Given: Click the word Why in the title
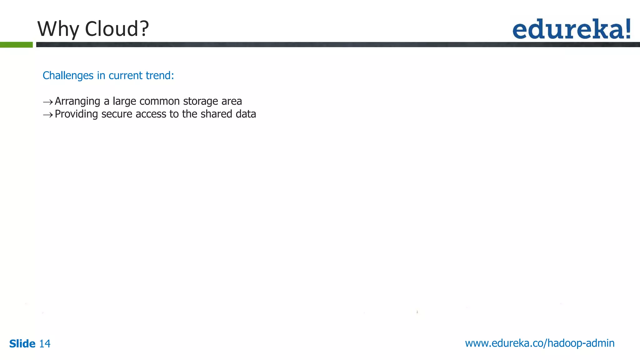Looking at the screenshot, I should [x=58, y=29].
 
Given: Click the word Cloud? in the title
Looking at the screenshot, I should [x=117, y=29].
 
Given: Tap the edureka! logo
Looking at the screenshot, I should [x=572, y=29].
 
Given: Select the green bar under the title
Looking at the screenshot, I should [x=16, y=45].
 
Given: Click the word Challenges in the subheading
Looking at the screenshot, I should [x=68, y=76].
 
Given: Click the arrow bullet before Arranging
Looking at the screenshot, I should [x=48, y=102].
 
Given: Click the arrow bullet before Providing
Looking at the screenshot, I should [x=48, y=115].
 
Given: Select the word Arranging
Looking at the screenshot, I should [x=77, y=102].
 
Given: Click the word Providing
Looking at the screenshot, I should [x=76, y=114].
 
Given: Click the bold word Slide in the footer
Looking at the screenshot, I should [x=22, y=344].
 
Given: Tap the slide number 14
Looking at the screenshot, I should [x=45, y=344].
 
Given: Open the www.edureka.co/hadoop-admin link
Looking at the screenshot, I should [x=540, y=343].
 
